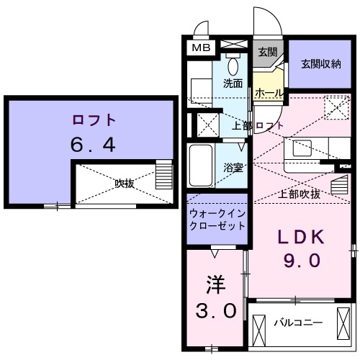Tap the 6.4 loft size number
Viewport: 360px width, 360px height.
click(93, 145)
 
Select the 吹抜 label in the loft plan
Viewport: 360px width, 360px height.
click(124, 183)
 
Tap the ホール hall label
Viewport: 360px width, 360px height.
click(269, 94)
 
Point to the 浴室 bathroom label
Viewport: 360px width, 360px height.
click(232, 167)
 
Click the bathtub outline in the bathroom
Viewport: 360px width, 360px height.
click(199, 166)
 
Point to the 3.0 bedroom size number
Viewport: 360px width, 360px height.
click(216, 311)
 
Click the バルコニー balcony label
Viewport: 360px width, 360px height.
click(297, 323)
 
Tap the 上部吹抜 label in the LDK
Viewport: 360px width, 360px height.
click(300, 194)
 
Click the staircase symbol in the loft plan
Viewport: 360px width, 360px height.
click(164, 174)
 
